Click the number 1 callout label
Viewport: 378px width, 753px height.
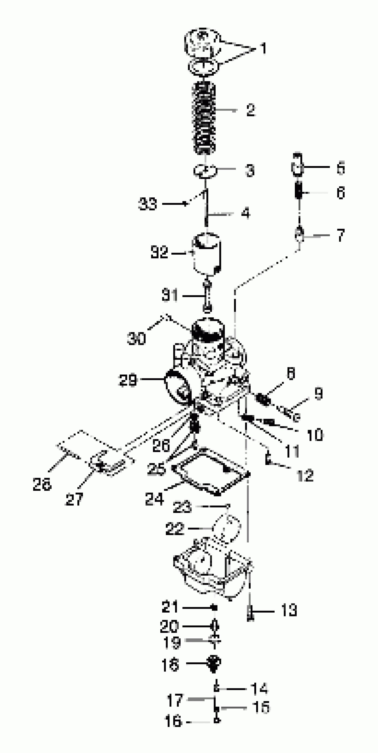click(x=263, y=48)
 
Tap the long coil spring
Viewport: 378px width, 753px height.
click(x=204, y=118)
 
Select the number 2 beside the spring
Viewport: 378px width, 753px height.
click(x=251, y=110)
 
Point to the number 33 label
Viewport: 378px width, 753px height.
click(x=147, y=203)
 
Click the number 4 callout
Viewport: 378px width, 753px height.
click(x=246, y=213)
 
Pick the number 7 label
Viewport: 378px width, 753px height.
click(x=341, y=235)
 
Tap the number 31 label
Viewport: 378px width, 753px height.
click(x=170, y=296)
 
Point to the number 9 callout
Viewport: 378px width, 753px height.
click(x=318, y=394)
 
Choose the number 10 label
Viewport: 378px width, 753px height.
click(x=315, y=435)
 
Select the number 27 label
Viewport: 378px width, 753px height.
click(x=74, y=499)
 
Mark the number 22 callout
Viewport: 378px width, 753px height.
click(x=175, y=528)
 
